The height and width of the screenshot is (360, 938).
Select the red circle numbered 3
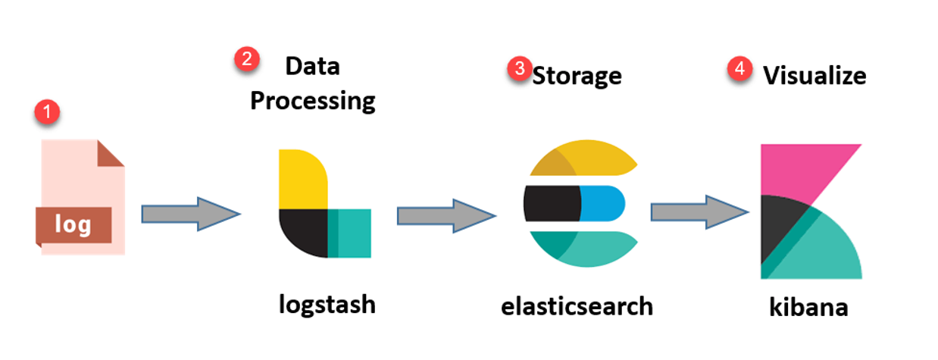pyautogui.click(x=519, y=68)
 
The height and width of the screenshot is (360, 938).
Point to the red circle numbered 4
pyautogui.click(x=739, y=69)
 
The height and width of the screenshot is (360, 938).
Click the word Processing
pyautogui.click(x=313, y=100)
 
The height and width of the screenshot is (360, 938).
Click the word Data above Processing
pyautogui.click(x=312, y=66)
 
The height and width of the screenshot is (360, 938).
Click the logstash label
pyautogui.click(x=327, y=303)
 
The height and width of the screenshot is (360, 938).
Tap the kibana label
pyautogui.click(x=808, y=308)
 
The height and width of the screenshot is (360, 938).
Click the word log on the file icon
pyautogui.click(x=73, y=224)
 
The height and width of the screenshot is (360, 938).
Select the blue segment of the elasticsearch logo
pyautogui.click(x=602, y=201)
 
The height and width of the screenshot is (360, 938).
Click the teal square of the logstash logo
pyautogui.click(x=350, y=233)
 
